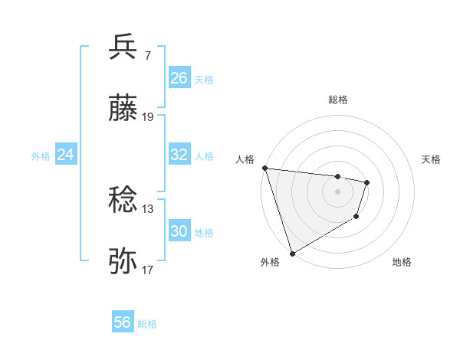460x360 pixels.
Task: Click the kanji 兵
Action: tap(123, 47)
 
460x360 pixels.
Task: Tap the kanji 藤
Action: tap(123, 108)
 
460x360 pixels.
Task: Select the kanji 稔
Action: tap(123, 201)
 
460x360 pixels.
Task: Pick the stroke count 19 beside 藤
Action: tap(148, 117)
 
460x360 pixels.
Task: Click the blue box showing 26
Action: tap(179, 77)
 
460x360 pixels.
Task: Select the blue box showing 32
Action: tap(179, 154)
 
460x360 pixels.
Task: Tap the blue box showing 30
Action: tap(179, 231)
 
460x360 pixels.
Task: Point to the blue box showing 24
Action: tap(66, 154)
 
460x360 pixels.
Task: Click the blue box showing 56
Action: tap(123, 322)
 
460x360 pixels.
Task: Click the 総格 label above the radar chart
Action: tap(338, 100)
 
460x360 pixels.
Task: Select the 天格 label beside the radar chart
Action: tap(432, 159)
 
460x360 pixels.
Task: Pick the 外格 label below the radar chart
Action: tap(270, 262)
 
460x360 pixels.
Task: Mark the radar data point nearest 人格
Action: tap(265, 168)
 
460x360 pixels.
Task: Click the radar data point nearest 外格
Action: tap(292, 253)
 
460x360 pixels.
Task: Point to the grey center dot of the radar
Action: tap(338, 191)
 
